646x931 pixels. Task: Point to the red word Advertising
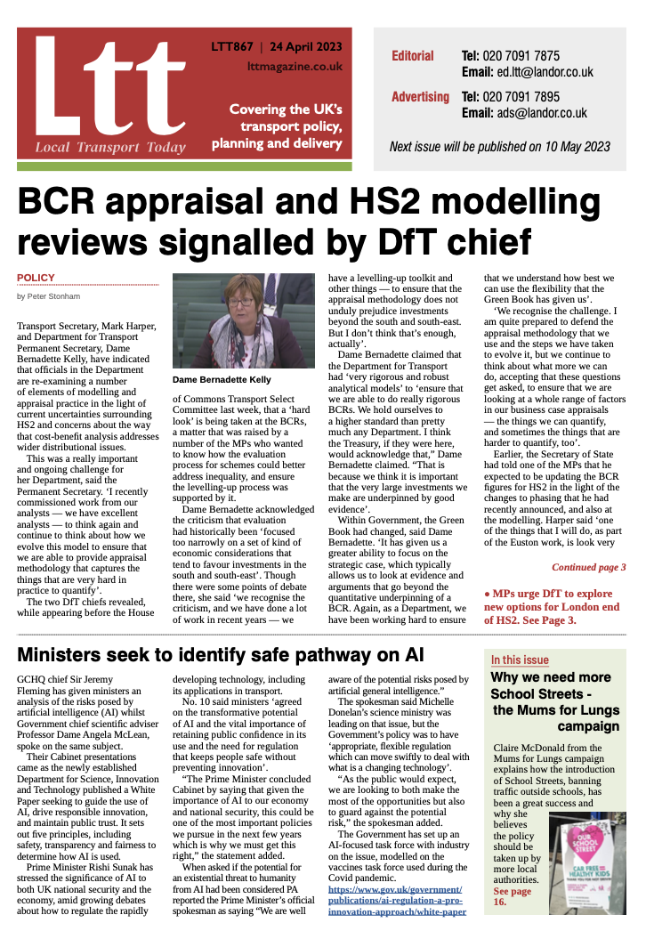tap(419, 96)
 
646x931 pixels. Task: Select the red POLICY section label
tap(36, 278)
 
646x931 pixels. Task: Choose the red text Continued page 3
tap(588, 566)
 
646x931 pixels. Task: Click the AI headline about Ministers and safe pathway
tap(220, 655)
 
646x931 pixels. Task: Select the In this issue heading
tap(520, 660)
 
